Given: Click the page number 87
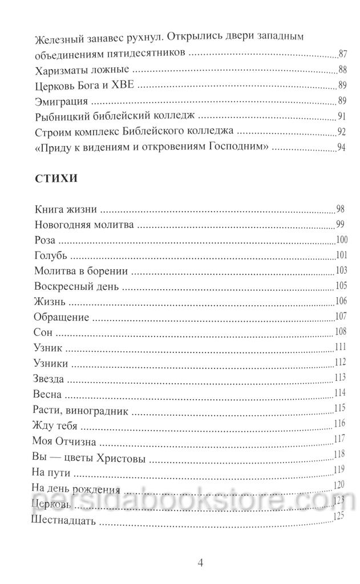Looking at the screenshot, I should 343,55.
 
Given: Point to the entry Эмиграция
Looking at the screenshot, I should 60,103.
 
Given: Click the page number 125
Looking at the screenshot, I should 340,516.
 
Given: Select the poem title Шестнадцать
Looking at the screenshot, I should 67,521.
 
